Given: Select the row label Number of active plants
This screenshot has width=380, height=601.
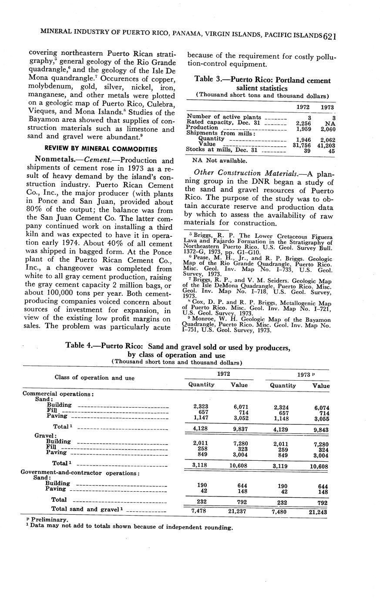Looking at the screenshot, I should (x=224, y=117).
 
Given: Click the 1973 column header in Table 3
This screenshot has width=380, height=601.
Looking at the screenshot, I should (x=327, y=107).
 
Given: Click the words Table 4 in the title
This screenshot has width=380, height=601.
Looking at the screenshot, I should (x=79, y=345).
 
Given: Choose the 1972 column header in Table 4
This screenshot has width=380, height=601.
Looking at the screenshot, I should (x=224, y=374).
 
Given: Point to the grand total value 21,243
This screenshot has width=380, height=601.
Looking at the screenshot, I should (x=318, y=512).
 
